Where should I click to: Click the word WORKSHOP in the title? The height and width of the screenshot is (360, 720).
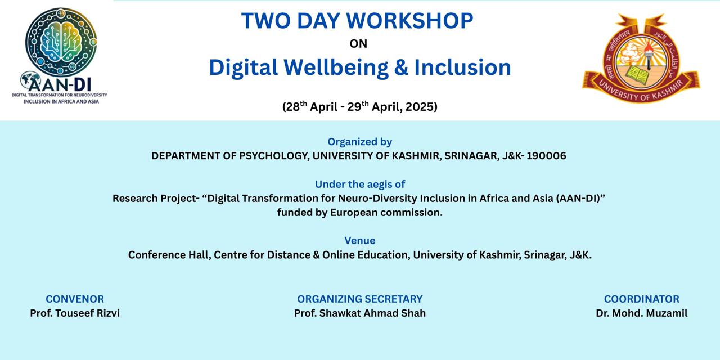point(409,21)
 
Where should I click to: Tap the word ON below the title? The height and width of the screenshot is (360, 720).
point(358,44)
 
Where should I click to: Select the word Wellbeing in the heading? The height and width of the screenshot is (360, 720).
point(336,68)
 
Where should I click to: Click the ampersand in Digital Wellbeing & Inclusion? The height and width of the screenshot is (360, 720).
point(401,67)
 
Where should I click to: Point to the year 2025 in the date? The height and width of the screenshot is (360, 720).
point(419,107)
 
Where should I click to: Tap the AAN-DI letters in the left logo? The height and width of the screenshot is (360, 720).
point(60,84)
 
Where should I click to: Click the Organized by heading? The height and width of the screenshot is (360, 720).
point(359,142)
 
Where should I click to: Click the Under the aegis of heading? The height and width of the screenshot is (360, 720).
point(359,184)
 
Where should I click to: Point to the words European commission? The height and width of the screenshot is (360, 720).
point(386,213)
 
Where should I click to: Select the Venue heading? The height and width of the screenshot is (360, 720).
point(359,240)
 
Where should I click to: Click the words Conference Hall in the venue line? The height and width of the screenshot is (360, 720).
point(169,255)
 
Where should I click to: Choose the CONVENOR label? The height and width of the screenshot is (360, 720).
point(75,299)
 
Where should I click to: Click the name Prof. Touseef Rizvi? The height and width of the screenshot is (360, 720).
point(75,313)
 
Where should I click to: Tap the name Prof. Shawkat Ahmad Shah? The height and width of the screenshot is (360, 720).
point(359,313)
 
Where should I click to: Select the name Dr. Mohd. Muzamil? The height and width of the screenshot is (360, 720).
point(642,313)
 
